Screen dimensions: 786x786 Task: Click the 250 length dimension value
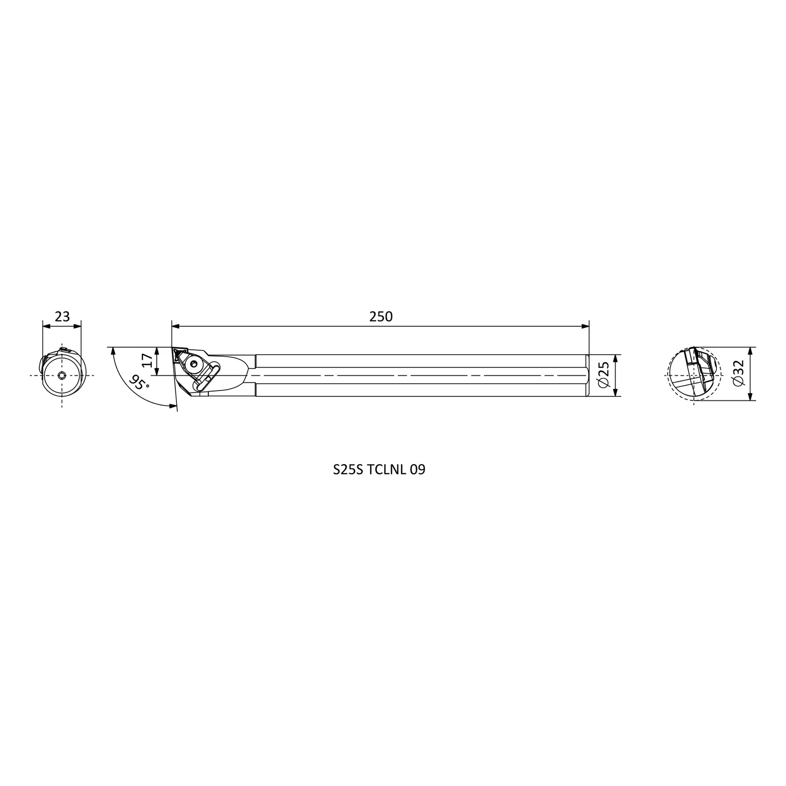point(381,317)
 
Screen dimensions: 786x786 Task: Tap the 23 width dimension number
point(62,316)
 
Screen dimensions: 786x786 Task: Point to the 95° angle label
point(140,382)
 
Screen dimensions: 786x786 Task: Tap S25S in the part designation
point(348,470)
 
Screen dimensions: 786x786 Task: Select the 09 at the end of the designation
point(418,470)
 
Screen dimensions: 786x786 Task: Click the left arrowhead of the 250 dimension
point(175,326)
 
